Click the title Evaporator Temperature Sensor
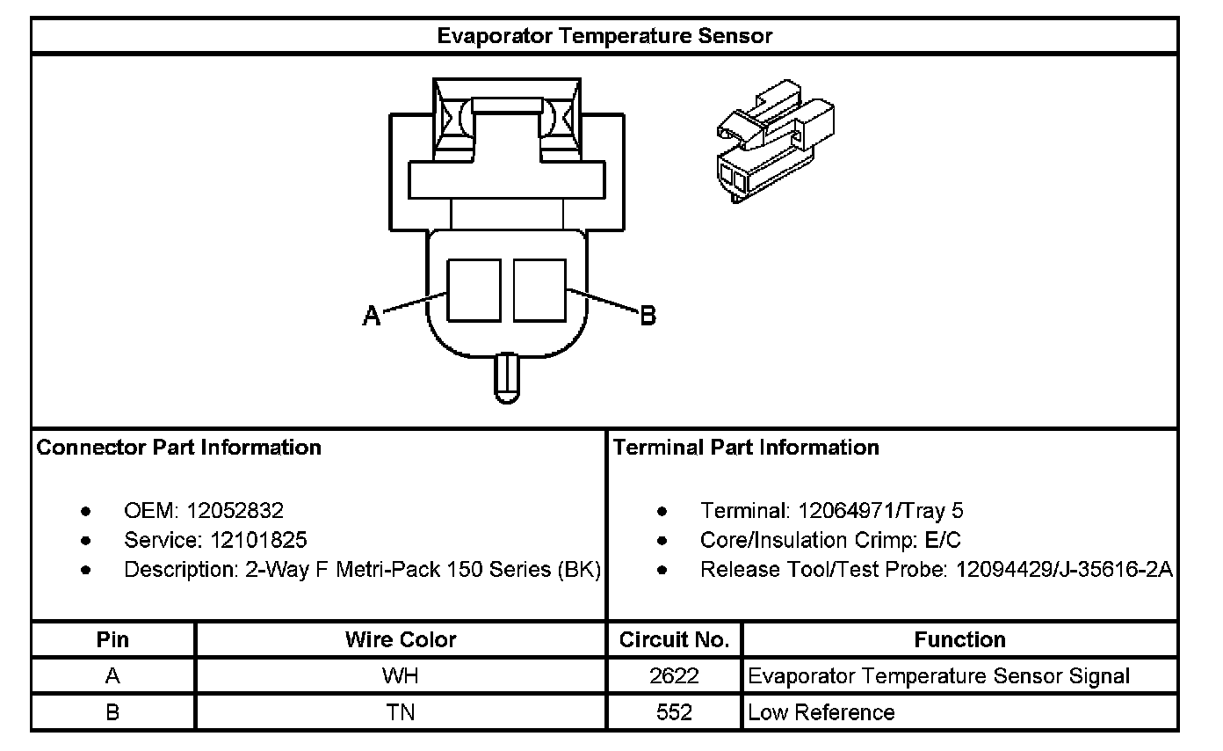[x=604, y=36]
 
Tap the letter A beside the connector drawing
[x=372, y=316]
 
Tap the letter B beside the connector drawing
[x=648, y=315]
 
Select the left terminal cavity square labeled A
[x=474, y=290]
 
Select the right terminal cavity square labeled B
[x=539, y=290]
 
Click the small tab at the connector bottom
[x=506, y=377]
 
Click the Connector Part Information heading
[x=179, y=448]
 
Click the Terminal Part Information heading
[x=746, y=448]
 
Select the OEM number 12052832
[x=235, y=511]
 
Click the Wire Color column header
[x=401, y=639]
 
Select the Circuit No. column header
[x=674, y=639]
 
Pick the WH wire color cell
[x=401, y=676]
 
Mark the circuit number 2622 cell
[x=674, y=676]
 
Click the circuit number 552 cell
[x=674, y=712]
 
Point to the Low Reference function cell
[x=821, y=712]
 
